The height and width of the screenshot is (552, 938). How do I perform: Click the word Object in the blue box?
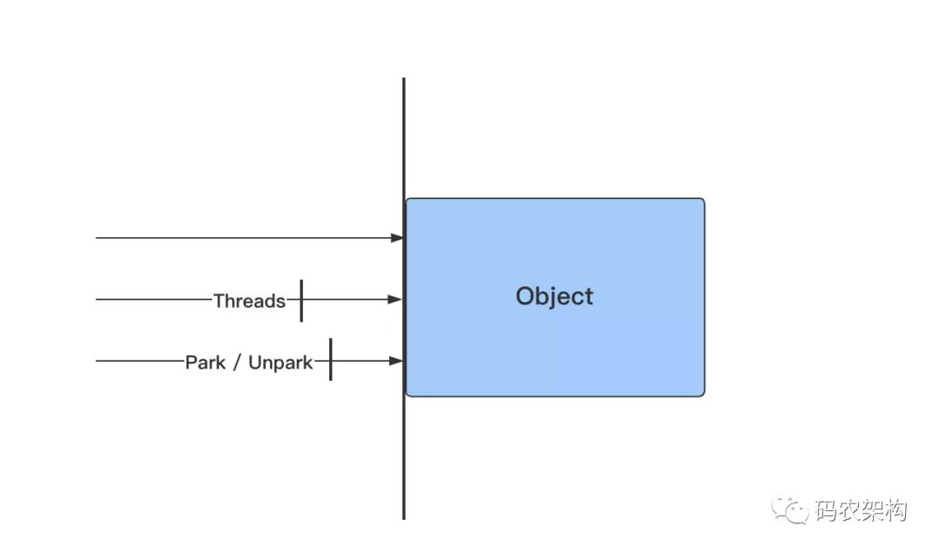(554, 296)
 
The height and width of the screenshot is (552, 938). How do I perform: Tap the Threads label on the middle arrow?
(249, 301)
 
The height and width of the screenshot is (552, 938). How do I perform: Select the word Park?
(205, 362)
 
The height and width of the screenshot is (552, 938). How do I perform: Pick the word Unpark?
(280, 362)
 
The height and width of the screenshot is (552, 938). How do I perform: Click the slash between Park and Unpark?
(237, 362)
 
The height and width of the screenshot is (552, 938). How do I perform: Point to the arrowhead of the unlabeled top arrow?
(397, 237)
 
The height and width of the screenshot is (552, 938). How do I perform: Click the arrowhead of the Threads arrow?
(395, 299)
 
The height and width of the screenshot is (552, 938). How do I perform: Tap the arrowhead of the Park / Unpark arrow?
(396, 361)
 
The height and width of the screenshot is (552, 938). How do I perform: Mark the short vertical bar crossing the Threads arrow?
(301, 301)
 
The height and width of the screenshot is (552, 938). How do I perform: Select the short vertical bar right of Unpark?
(331, 359)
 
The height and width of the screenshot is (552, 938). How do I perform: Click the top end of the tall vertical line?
(404, 78)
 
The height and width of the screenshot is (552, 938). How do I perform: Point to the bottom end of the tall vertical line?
(404, 518)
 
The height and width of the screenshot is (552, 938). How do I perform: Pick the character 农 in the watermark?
(849, 510)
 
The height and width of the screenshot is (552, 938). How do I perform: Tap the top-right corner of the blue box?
(704, 199)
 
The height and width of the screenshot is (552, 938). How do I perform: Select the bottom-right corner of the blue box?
(704, 396)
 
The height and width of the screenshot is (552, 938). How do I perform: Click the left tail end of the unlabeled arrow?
(96, 237)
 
